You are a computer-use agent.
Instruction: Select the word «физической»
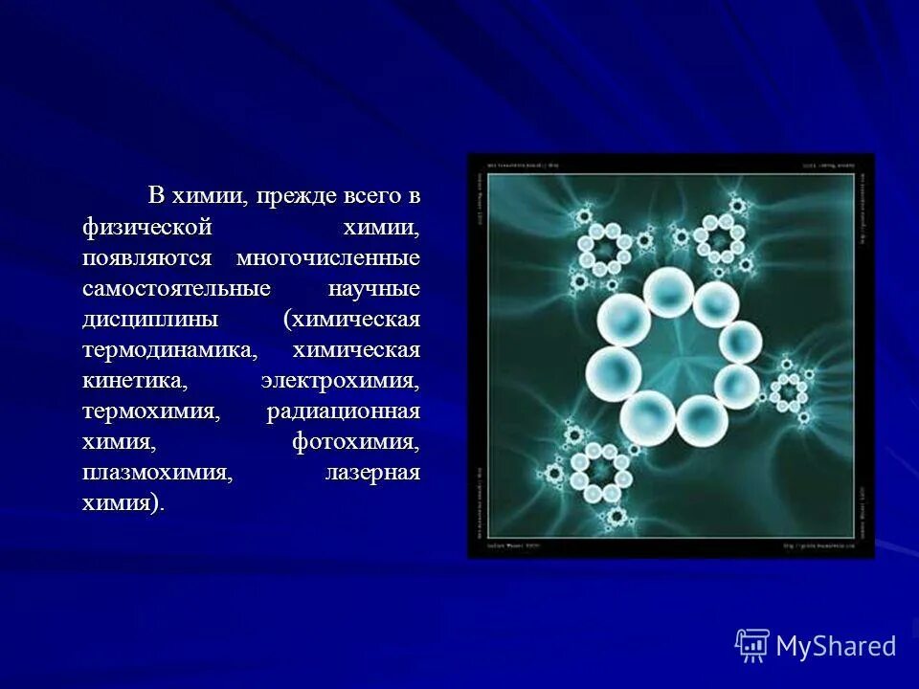(145, 228)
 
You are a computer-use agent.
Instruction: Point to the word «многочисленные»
(328, 258)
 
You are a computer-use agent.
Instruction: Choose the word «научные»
(374, 289)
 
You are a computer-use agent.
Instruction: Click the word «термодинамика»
(170, 350)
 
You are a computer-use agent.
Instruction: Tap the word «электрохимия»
(340, 381)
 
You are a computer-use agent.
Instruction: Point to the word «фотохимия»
(356, 442)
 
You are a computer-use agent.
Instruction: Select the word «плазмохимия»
(158, 473)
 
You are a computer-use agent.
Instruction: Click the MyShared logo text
(836, 646)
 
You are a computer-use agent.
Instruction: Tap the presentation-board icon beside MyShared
(752, 647)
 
